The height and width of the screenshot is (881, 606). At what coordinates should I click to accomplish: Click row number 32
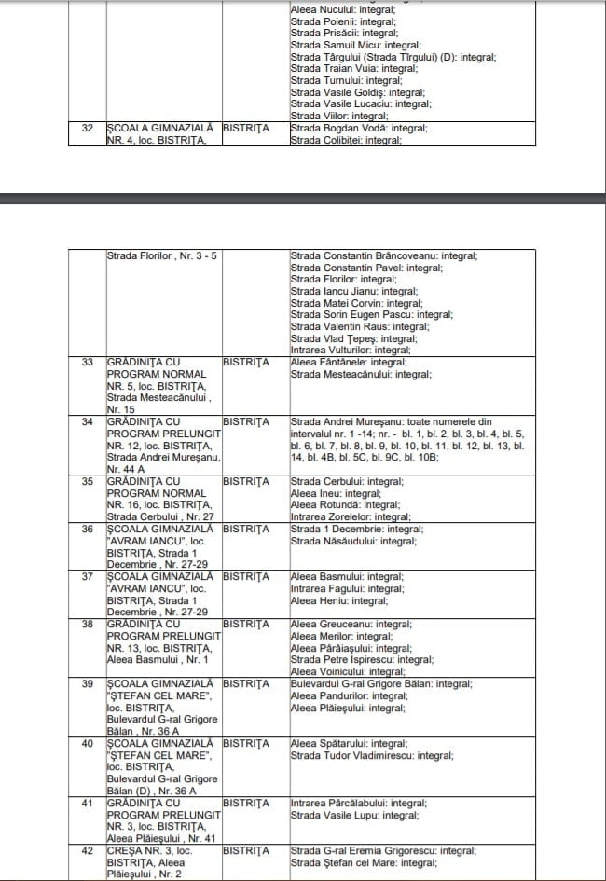point(88,128)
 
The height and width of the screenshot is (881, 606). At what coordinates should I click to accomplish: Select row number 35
point(88,481)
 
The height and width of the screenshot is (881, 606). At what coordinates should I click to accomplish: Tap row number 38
point(88,624)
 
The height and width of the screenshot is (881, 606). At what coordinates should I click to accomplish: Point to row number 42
point(88,850)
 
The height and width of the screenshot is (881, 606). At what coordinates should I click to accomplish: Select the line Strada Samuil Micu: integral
point(355,44)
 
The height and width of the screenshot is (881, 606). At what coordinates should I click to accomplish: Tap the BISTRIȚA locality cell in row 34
point(246,421)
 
